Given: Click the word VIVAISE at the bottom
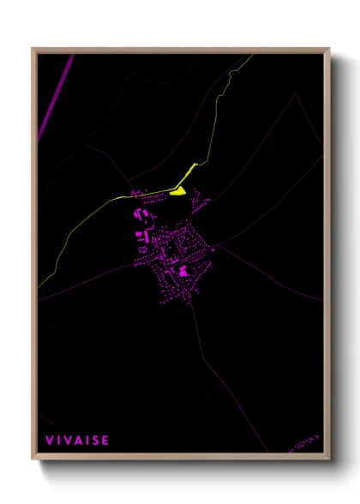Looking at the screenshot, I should coord(77,441).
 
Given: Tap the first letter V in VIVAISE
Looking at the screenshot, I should coord(49,441).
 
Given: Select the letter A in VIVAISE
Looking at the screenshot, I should coord(79,441).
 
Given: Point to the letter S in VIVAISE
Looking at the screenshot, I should coord(96,441).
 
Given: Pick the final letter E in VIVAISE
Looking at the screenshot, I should coord(105,441).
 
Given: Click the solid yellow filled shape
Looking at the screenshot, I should coord(178,191).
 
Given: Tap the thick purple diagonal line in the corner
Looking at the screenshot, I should coord(56,94).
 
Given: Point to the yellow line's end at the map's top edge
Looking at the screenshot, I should coord(254,55).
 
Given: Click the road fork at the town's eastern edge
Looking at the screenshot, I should coord(216,246).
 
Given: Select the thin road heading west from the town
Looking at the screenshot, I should coord(86,283).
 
